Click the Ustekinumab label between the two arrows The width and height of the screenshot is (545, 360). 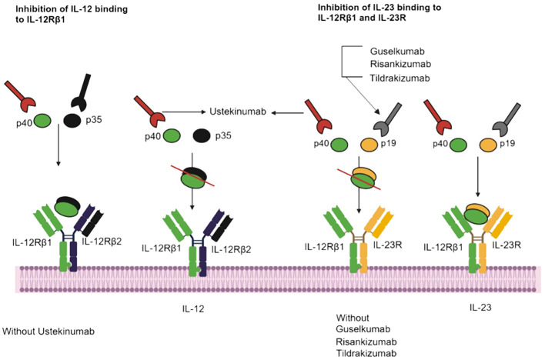238,112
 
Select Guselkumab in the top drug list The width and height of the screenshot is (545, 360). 397,52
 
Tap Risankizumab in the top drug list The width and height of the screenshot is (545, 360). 400,65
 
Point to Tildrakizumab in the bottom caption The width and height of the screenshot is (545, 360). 366,353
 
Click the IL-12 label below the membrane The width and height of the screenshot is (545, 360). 193,308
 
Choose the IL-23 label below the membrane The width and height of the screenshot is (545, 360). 480,307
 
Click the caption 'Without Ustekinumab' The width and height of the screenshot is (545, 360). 48,332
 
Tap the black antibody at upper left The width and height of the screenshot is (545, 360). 82,92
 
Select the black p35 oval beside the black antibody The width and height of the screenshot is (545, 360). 72,121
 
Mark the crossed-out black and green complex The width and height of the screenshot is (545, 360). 193,177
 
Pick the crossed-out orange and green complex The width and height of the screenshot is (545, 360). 363,178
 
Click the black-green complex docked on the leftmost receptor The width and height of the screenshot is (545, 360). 68,206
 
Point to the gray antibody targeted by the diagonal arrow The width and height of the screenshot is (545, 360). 388,119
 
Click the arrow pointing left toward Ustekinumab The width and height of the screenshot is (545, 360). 287,112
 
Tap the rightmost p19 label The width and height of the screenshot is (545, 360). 507,143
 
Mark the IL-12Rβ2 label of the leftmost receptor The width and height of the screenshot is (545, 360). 102,242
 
